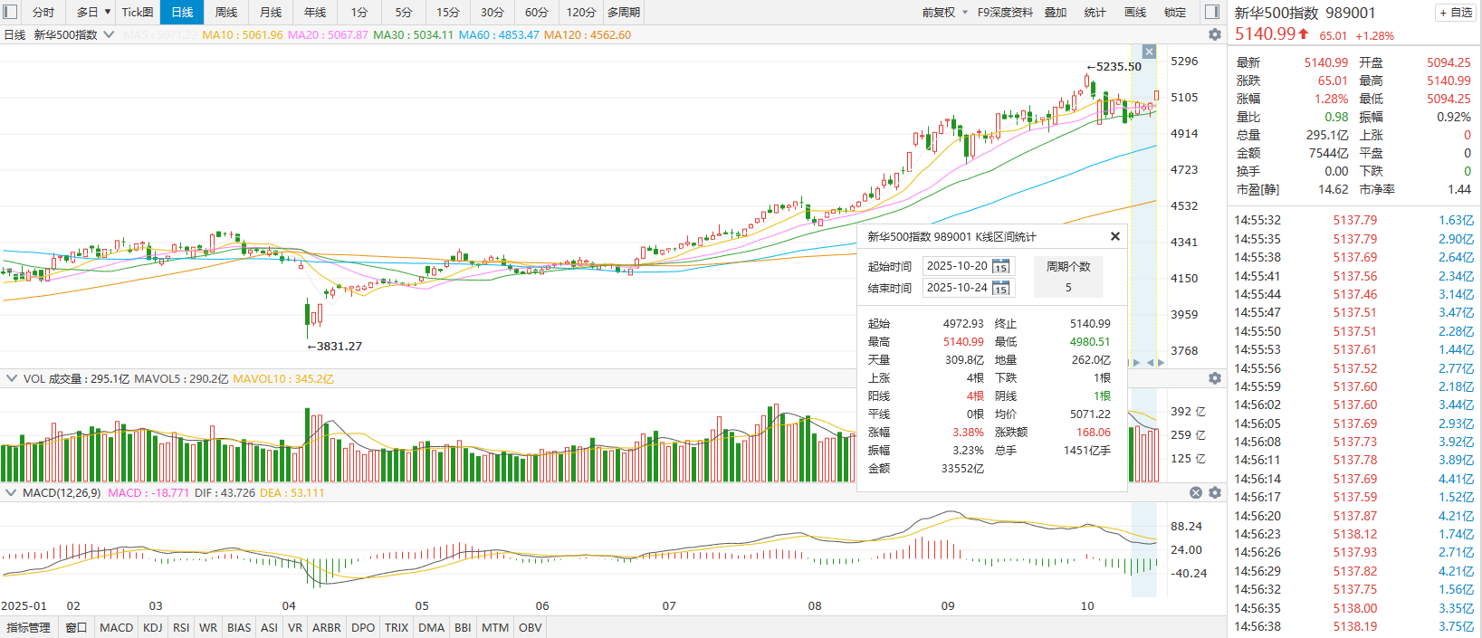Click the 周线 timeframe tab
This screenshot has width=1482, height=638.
[225, 12]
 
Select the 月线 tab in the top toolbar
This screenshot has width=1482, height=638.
[270, 12]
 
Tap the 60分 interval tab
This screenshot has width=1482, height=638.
[536, 12]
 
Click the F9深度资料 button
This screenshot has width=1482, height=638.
[1005, 12]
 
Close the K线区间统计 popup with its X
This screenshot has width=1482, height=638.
[1115, 236]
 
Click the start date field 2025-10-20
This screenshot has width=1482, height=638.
[957, 266]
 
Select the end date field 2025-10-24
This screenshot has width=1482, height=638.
[957, 288]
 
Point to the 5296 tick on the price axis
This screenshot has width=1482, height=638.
[1184, 62]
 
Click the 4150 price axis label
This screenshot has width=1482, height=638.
[1184, 279]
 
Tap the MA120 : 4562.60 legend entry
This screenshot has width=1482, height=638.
[587, 35]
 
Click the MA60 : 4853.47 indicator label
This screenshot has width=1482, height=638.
[498, 35]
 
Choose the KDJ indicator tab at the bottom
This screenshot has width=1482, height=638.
[152, 627]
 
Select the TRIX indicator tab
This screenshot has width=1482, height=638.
[396, 627]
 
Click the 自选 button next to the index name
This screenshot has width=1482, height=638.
[1456, 13]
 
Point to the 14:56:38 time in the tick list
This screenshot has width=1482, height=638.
[1257, 626]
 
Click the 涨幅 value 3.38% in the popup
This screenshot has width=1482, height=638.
[968, 433]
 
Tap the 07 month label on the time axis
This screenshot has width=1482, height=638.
[669, 606]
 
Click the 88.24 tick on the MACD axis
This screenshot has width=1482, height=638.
[1186, 527]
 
